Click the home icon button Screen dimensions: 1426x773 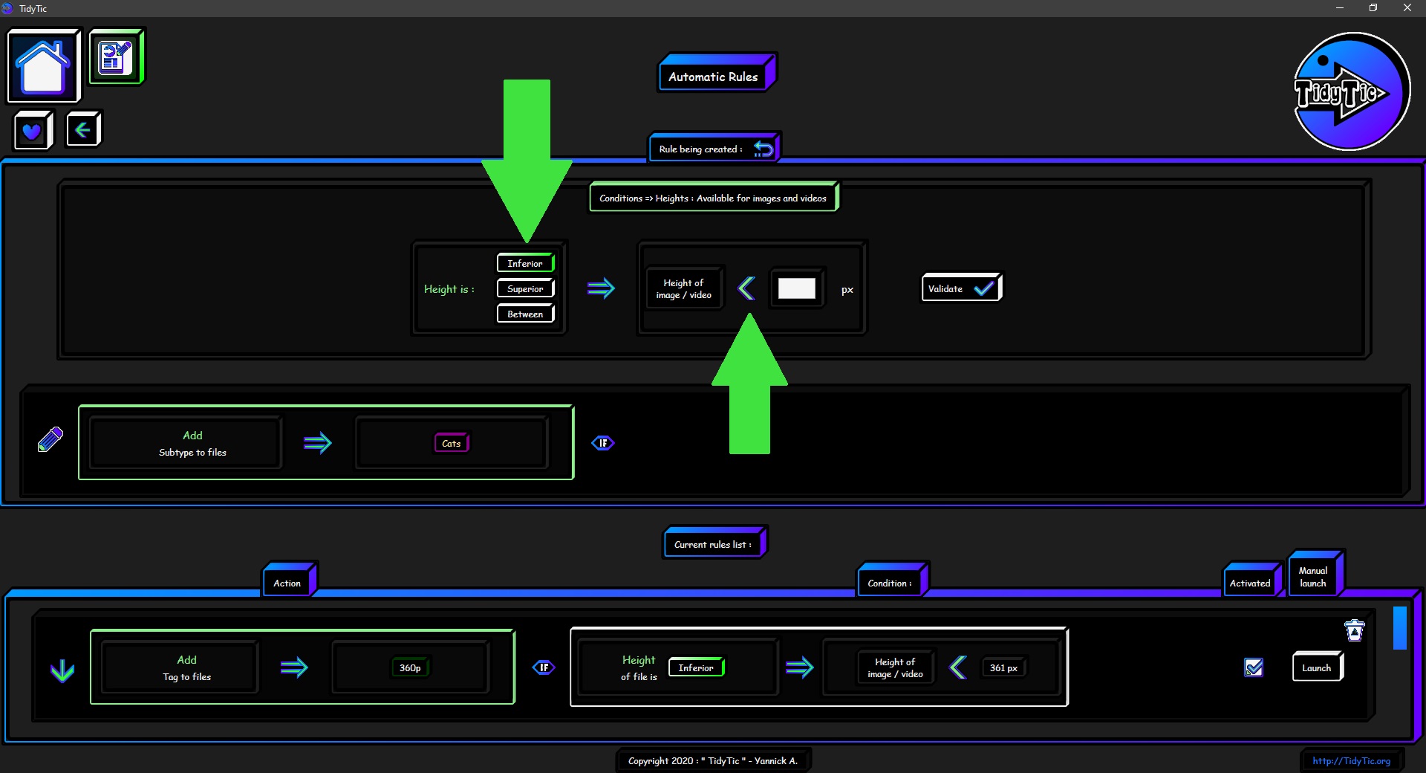coord(44,66)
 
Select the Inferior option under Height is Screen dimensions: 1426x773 coord(526,263)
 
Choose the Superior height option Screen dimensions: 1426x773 coord(526,288)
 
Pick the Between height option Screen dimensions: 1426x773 coord(526,314)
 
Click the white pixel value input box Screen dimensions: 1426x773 coord(797,288)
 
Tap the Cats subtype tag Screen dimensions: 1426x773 coord(452,443)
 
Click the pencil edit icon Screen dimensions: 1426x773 coord(51,439)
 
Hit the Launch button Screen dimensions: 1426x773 coord(1318,667)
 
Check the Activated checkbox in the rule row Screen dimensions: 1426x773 coord(1254,667)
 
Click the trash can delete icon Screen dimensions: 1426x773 coord(1355,630)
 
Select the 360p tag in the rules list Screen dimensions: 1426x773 coord(410,667)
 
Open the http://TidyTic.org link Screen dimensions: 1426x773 coord(1351,760)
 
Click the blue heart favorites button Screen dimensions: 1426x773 coord(33,130)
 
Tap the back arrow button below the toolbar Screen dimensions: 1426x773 coord(83,130)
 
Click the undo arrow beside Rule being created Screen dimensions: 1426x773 coord(764,149)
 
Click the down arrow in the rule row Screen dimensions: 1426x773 coord(62,670)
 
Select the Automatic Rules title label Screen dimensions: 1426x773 coord(714,76)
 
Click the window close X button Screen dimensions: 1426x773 coord(1407,8)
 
